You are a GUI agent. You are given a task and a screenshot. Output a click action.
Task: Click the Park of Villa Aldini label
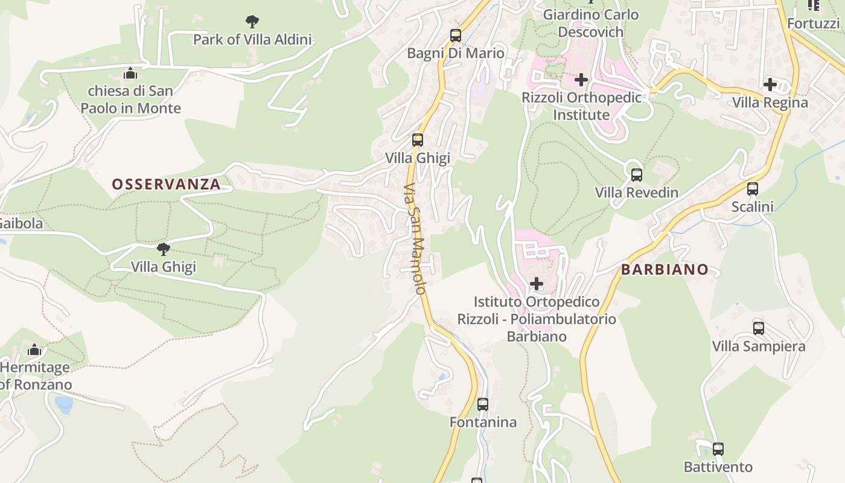tap(252, 40)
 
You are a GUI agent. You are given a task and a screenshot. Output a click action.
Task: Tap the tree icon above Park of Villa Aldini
tap(252, 22)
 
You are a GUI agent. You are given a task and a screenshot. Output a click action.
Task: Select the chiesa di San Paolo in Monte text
tap(130, 100)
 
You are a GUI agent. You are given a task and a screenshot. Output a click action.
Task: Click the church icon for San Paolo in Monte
tap(130, 74)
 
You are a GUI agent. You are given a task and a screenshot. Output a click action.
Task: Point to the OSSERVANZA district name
tap(166, 185)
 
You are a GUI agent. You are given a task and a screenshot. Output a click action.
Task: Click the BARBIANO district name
tap(665, 270)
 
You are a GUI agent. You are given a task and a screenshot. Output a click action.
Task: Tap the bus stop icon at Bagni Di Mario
tap(456, 36)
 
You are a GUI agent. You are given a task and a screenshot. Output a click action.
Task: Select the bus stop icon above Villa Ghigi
tap(417, 140)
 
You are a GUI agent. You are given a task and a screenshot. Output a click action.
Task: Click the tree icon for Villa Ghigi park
tap(163, 249)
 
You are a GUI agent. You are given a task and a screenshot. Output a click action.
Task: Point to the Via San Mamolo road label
tap(416, 238)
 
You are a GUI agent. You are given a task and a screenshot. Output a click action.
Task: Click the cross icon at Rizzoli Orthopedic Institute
tap(581, 80)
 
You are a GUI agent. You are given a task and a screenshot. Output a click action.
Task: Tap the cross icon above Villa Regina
tap(770, 85)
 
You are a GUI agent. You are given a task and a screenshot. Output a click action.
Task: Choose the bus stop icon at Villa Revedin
tap(637, 175)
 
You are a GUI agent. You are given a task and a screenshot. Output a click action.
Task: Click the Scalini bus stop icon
tap(753, 189)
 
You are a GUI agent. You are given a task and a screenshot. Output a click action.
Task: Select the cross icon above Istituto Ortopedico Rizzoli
tap(537, 284)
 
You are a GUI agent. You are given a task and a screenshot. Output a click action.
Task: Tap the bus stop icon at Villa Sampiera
tap(759, 328)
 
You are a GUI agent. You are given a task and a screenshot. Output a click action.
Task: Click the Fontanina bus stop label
tap(483, 423)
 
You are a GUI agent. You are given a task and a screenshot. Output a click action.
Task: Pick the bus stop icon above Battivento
tap(718, 449)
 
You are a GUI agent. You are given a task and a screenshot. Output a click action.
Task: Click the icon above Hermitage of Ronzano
tap(34, 350)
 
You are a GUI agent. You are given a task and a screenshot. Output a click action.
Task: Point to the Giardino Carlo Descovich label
tap(591, 23)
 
